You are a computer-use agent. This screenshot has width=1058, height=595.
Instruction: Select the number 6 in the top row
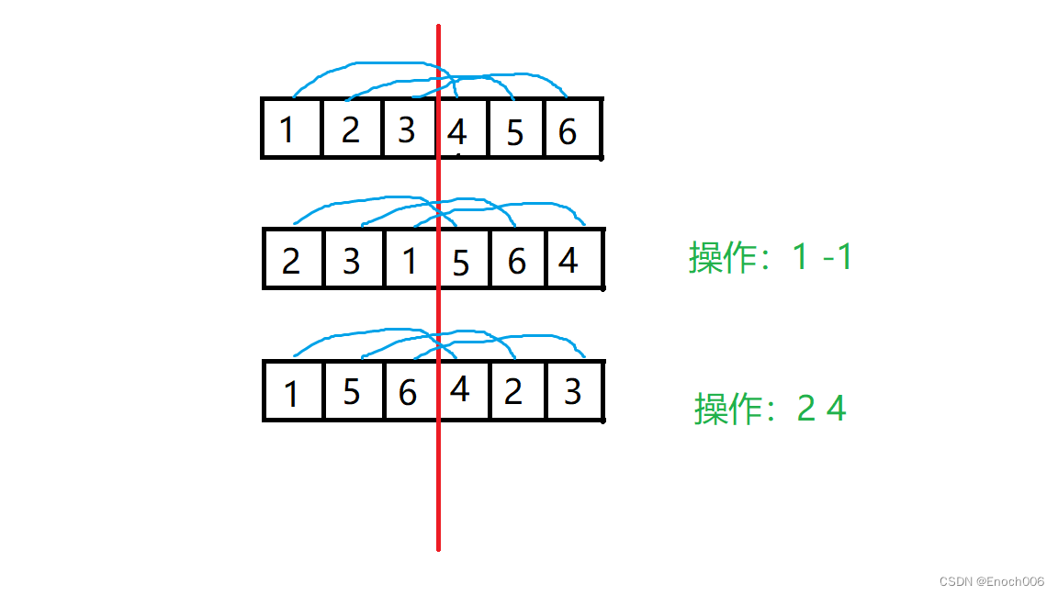568,132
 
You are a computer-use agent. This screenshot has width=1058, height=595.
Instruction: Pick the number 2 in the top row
350,130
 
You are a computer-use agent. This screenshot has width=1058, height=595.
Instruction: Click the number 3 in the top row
407,130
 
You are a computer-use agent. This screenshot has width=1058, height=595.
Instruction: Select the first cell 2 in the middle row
291,262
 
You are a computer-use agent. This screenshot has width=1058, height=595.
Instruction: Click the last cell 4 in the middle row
568,262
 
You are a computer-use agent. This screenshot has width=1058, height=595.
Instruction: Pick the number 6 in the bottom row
408,394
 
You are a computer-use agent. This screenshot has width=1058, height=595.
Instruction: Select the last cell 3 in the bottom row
572,392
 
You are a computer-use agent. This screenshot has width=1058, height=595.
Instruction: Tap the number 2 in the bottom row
513,392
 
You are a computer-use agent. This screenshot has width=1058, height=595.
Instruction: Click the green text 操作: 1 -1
771,258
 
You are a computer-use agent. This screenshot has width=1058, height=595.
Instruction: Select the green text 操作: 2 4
770,408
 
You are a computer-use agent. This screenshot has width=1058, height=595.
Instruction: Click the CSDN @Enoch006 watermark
992,581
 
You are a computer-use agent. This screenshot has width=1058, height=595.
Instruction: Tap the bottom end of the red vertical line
438,548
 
